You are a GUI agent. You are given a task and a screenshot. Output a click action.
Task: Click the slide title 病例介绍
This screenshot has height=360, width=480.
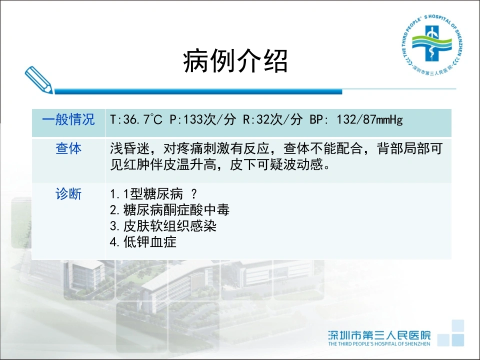click(x=235, y=61)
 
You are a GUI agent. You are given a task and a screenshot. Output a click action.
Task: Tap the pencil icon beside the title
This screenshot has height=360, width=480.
click(x=38, y=79)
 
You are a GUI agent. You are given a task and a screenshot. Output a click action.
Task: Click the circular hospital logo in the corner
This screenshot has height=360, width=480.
click(x=431, y=45)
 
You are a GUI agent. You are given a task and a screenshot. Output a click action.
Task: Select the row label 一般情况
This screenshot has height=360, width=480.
click(x=68, y=119)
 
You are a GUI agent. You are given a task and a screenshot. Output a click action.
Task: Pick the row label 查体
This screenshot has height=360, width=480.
click(x=68, y=148)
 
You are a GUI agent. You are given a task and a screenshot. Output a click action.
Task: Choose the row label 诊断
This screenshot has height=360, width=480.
click(x=68, y=194)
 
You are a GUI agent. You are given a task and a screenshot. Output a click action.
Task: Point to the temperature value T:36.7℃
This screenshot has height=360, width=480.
click(x=136, y=119)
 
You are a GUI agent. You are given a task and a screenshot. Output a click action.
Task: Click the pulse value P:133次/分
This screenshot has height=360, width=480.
click(x=203, y=119)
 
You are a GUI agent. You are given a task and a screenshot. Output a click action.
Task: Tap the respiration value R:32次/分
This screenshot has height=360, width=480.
click(x=272, y=119)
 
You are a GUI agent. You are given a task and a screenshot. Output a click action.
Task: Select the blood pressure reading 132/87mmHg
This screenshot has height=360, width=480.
click(x=370, y=119)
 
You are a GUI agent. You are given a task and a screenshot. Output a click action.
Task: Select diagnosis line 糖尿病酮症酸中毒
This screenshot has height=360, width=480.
click(x=176, y=210)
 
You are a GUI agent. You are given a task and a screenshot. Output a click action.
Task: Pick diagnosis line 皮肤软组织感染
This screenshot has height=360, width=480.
click(x=170, y=226)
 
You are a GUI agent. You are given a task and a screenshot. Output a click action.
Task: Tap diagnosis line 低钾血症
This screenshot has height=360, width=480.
click(x=150, y=242)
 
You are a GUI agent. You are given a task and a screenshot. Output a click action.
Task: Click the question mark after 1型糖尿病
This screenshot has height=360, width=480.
click(x=194, y=194)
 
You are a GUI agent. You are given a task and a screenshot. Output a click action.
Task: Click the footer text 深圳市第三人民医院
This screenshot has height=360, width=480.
click(x=379, y=335)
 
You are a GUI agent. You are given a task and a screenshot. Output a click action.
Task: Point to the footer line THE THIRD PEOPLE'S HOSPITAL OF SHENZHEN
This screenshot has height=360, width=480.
click(x=379, y=344)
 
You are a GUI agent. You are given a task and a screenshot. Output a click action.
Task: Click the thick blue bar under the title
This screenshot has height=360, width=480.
click(x=198, y=91)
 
